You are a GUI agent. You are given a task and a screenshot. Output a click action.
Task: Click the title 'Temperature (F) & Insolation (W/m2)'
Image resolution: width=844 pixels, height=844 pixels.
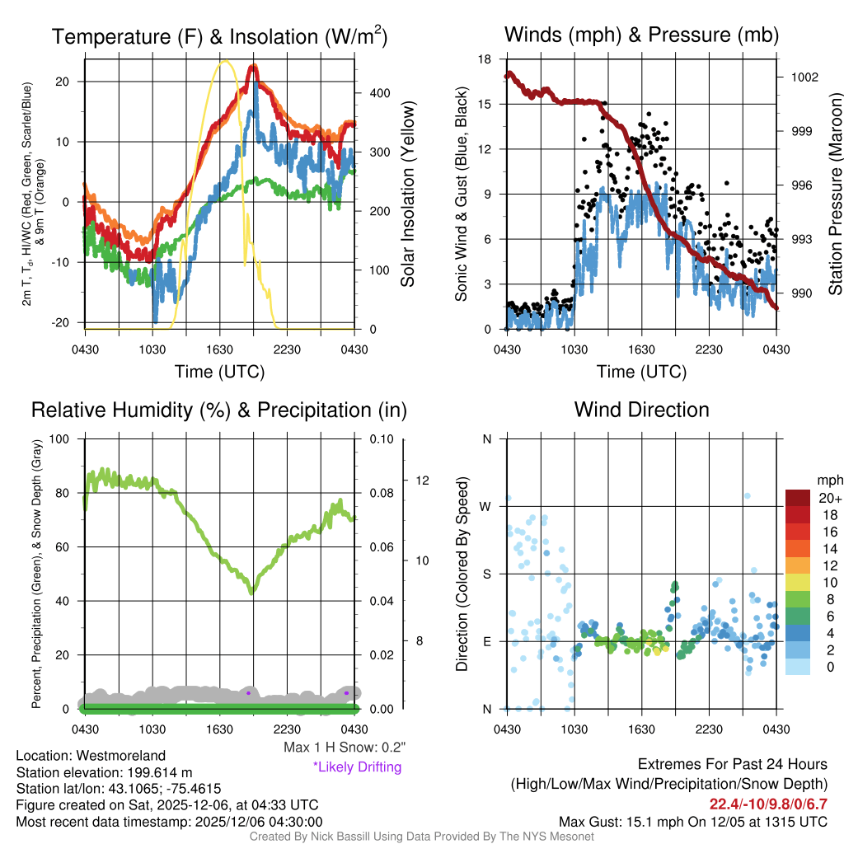point(219,36)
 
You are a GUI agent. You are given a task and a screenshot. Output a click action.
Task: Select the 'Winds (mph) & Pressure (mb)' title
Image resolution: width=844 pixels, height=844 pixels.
point(641,35)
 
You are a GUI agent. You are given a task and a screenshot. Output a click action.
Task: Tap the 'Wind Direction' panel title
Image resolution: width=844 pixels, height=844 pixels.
point(641,410)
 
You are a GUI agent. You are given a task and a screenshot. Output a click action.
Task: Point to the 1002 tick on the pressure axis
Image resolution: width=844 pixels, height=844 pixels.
point(804,77)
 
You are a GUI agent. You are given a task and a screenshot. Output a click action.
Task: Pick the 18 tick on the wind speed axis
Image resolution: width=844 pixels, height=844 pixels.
point(485,59)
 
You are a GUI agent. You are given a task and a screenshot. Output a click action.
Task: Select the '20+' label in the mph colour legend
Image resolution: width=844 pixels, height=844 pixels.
point(828,499)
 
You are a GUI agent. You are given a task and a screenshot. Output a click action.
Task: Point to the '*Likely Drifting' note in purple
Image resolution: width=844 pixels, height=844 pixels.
point(357,767)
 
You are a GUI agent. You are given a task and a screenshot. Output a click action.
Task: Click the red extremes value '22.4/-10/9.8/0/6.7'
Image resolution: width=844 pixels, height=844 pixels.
point(768,804)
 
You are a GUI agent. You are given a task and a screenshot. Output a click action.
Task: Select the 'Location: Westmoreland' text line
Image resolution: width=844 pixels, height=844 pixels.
point(91,756)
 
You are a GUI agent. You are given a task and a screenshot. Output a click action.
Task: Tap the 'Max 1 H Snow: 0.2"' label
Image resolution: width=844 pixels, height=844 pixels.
point(344,748)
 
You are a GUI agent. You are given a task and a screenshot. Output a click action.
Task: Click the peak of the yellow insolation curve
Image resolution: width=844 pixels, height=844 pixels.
point(223,61)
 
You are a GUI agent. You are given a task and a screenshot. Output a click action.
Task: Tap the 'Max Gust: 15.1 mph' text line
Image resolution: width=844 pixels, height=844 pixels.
point(692,822)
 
